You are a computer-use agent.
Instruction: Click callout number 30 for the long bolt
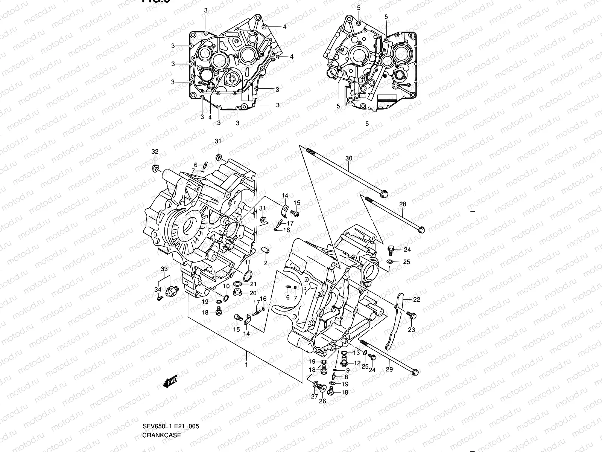[x=349, y=158]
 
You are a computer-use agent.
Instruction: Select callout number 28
[x=403, y=205]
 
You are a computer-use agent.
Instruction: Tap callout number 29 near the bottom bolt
[x=389, y=370]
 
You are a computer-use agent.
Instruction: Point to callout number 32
[x=155, y=151]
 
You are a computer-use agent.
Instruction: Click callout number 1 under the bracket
[x=246, y=365]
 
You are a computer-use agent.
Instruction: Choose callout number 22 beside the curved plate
[x=417, y=300]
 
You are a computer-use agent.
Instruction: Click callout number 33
[x=164, y=269]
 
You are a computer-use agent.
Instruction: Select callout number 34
[x=158, y=289]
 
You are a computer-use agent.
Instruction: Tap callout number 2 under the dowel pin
[x=266, y=263]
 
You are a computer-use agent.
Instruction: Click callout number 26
[x=322, y=401]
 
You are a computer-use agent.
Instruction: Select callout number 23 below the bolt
[x=411, y=330]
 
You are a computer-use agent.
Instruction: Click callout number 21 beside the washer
[x=253, y=284]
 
